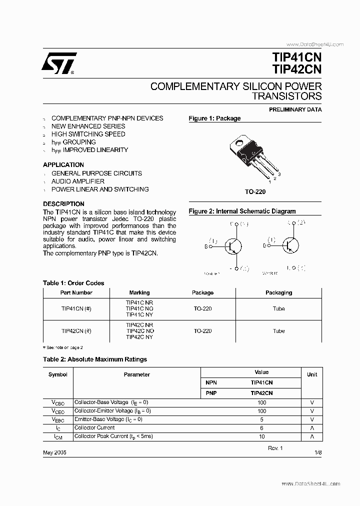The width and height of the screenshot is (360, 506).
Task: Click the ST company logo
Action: [58, 63]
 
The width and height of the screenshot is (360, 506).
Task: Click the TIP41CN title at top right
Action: [297, 56]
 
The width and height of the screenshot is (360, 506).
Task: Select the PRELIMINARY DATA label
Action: [295, 109]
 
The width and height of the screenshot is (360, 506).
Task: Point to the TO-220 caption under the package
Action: [255, 191]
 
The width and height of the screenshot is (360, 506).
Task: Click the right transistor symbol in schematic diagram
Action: [290, 245]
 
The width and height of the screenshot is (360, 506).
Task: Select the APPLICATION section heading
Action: [63, 164]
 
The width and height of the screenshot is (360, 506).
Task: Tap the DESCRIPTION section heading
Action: [63, 204]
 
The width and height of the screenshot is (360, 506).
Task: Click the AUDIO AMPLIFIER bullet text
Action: [78, 181]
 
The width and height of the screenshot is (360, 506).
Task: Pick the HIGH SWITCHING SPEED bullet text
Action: [88, 134]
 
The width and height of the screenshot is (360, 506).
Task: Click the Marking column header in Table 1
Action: [139, 292]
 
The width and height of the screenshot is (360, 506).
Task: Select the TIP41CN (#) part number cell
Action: [76, 308]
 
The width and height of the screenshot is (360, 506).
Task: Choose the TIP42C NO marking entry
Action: [139, 331]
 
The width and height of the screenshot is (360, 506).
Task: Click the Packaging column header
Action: [278, 292]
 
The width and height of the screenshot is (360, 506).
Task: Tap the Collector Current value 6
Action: [261, 428]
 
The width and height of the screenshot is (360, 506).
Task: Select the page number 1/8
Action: [318, 452]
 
